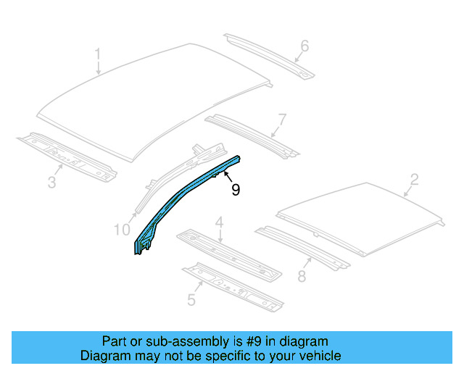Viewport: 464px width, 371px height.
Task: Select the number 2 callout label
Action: tap(414, 179)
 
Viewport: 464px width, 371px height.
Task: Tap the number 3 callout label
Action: tap(51, 182)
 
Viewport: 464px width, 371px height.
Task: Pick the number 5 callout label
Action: tap(191, 299)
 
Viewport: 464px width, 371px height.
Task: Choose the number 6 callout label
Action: tap(304, 46)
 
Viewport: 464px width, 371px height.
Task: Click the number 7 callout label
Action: tap(281, 118)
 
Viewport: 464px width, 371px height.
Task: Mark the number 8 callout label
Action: tap(301, 275)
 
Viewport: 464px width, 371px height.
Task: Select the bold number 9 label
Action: tap(235, 190)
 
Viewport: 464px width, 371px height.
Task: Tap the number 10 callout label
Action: tap(122, 230)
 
